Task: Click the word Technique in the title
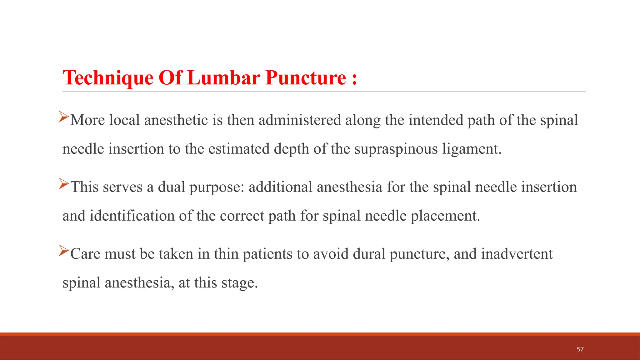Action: [x=108, y=77]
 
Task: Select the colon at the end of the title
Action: [x=354, y=78]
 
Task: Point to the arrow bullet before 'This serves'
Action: [x=64, y=183]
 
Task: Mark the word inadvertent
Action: [x=517, y=254]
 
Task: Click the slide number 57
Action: [x=580, y=349]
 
